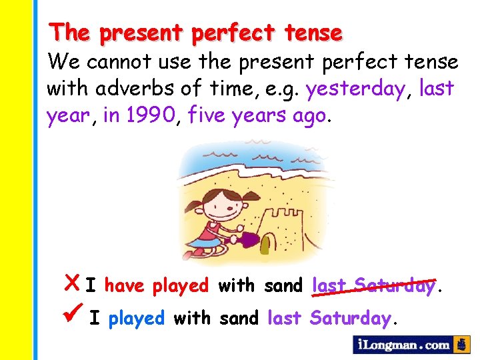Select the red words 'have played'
click(x=157, y=286)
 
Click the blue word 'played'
click(x=137, y=318)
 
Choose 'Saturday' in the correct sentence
click(x=351, y=318)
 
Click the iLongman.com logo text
click(x=404, y=345)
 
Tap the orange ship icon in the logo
click(x=461, y=345)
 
